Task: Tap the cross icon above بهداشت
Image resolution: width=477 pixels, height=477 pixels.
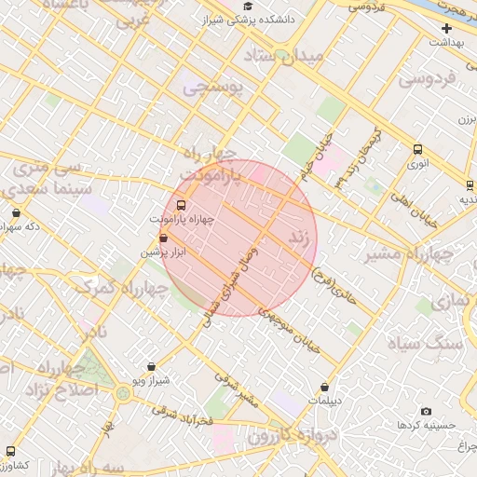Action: [447, 28]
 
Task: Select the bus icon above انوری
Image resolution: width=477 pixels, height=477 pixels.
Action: [416, 149]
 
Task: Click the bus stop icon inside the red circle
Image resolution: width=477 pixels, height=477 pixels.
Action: [181, 205]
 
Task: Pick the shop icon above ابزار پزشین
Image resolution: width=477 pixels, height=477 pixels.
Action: [164, 238]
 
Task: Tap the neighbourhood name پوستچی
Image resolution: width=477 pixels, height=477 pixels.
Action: [212, 89]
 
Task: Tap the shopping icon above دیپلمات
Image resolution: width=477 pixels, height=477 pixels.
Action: [324, 387]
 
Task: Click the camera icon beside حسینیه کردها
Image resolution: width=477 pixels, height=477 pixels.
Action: [427, 411]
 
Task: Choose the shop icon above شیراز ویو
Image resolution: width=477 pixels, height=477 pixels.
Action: [151, 367]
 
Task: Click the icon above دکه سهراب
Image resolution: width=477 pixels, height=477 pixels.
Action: [16, 212]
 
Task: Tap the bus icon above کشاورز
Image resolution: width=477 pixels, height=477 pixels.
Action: [10, 451]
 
